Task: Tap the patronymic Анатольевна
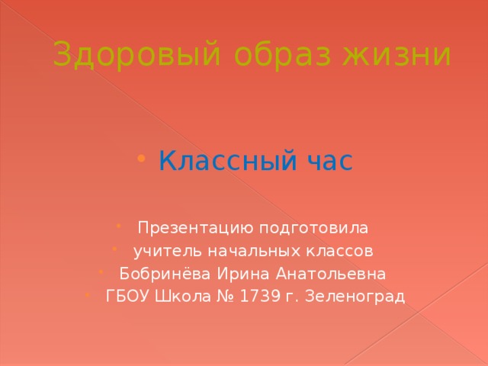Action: point(332,274)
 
